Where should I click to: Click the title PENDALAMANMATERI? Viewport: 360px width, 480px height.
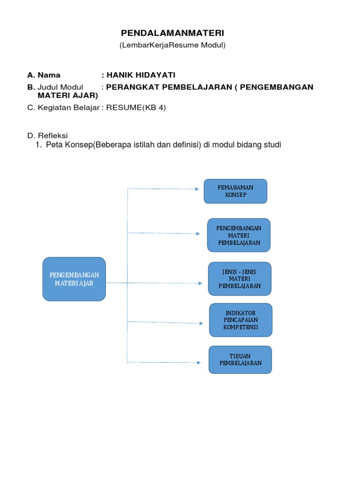(x=172, y=33)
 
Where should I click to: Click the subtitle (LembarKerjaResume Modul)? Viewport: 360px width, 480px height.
(x=172, y=45)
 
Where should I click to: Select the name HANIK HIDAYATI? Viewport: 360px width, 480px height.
(x=141, y=75)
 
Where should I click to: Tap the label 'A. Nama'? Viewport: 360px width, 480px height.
(x=44, y=75)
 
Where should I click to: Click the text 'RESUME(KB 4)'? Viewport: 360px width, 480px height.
(x=136, y=107)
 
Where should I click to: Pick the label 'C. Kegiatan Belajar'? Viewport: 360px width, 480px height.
(x=64, y=107)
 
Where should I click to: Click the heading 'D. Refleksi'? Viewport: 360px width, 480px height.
(x=47, y=135)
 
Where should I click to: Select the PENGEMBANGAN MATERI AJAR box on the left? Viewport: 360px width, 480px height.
(x=74, y=279)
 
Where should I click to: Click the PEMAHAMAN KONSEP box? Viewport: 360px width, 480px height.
(x=235, y=191)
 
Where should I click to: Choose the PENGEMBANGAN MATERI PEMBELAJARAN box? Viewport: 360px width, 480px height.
(x=239, y=235)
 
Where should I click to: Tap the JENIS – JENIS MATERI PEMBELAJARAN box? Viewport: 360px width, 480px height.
(x=240, y=279)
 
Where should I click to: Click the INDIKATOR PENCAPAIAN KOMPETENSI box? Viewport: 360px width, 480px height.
(x=240, y=320)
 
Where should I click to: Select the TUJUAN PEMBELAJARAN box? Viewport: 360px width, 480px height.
(x=240, y=360)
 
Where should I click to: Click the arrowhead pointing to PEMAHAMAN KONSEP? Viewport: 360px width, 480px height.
(x=196, y=189)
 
